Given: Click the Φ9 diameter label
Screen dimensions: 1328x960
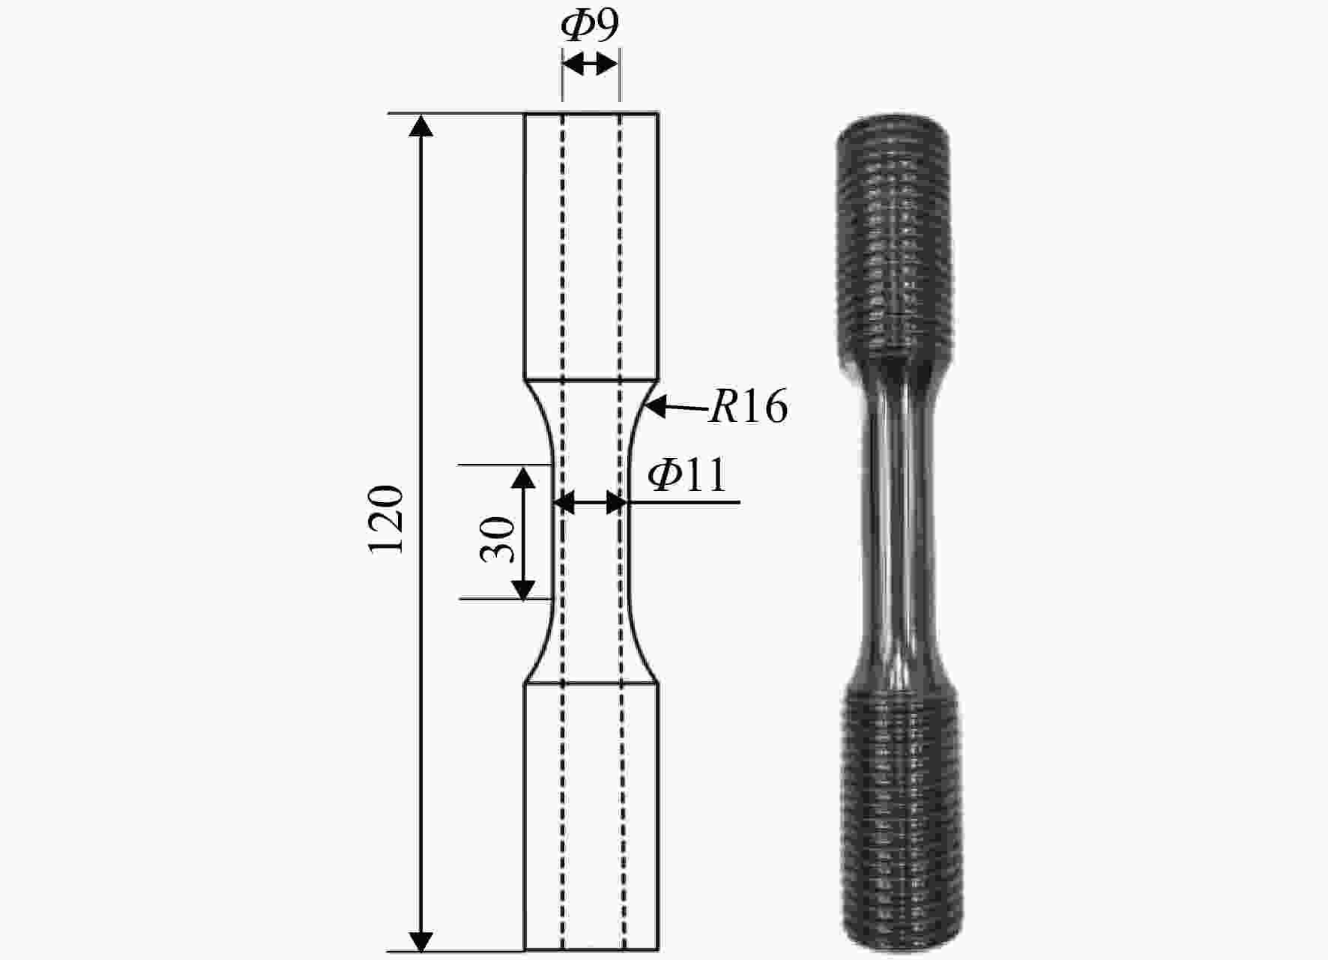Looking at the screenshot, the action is tap(590, 27).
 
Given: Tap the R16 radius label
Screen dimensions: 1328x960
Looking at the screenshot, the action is tap(748, 408).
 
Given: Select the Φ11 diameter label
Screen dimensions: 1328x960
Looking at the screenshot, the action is tap(687, 475).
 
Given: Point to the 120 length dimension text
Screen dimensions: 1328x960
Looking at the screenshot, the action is tap(386, 519).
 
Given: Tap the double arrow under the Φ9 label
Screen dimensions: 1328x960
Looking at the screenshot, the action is tap(591, 64).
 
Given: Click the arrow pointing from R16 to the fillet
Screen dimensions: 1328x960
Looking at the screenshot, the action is tap(677, 407).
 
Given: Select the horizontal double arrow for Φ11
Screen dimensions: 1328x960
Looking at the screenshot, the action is tap(591, 502).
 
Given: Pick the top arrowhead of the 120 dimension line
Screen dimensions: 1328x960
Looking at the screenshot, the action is tap(422, 125).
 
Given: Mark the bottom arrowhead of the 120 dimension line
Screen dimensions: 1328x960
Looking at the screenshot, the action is tap(422, 940).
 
